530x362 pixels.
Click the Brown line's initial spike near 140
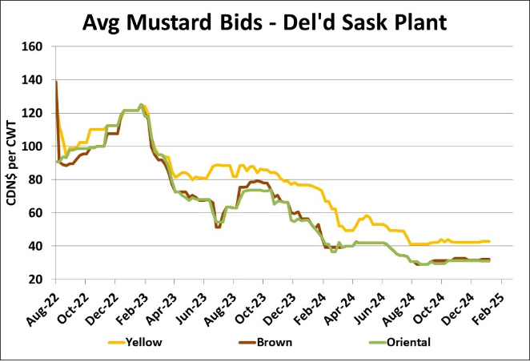point(55,82)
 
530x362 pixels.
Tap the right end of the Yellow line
point(489,242)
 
